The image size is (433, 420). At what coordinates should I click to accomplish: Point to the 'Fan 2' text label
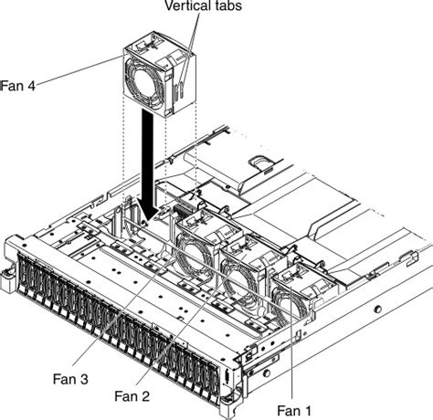coord(133,395)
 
